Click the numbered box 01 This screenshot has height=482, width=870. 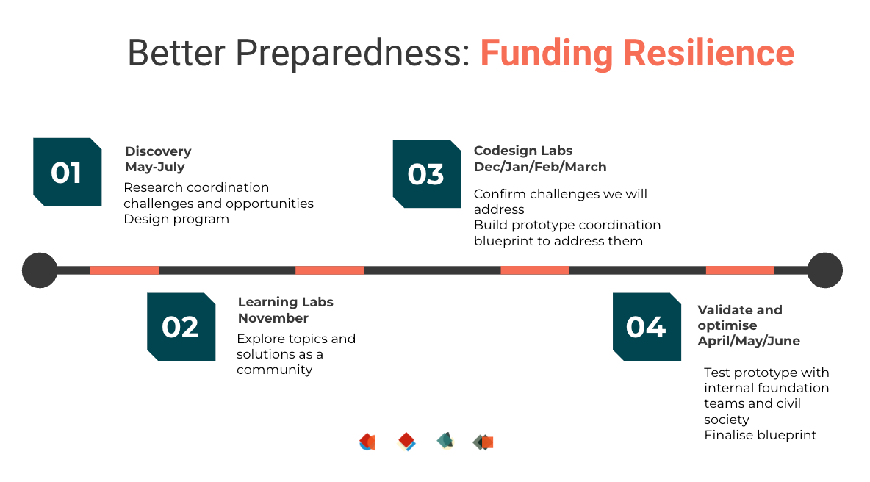click(x=67, y=172)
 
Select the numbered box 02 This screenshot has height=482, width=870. click(x=181, y=327)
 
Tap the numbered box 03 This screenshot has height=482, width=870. click(x=427, y=173)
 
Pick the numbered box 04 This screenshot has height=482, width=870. click(x=647, y=327)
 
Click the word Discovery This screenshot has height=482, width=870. click(x=158, y=151)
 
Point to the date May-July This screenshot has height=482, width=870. click(x=155, y=167)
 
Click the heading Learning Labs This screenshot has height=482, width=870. click(x=286, y=302)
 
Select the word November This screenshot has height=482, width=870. click(x=273, y=318)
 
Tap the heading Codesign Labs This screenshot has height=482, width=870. click(x=523, y=151)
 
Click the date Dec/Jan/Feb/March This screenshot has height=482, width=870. click(x=540, y=167)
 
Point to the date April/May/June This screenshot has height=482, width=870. click(x=749, y=341)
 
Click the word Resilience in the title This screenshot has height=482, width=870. click(x=709, y=53)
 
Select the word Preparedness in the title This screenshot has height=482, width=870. click(x=352, y=53)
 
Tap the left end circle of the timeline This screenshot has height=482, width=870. click(x=40, y=270)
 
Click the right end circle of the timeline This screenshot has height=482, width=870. click(x=824, y=270)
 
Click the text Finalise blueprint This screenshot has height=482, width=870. click(x=760, y=436)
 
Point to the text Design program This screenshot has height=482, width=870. click(x=176, y=219)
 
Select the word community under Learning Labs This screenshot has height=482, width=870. click(x=275, y=370)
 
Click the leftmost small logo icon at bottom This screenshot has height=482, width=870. click(x=367, y=442)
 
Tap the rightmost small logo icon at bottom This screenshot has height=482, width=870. click(x=483, y=442)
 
